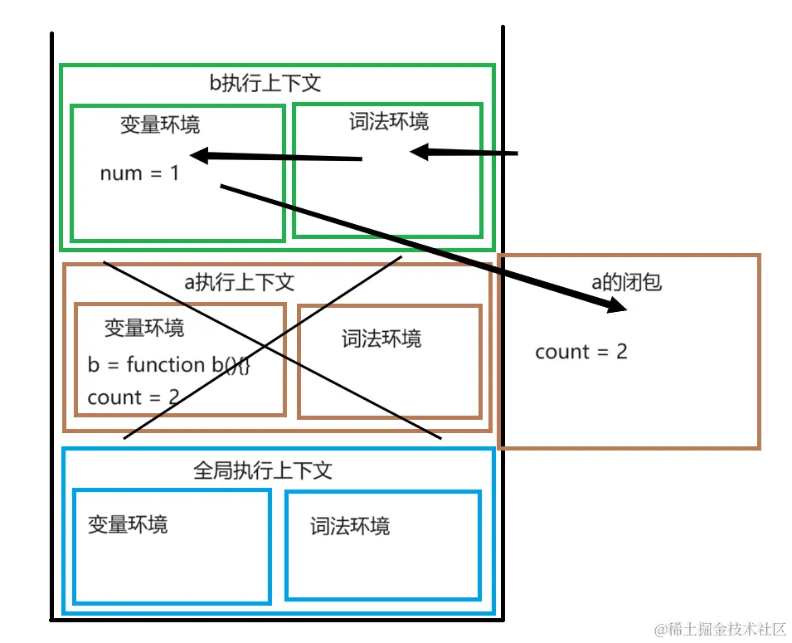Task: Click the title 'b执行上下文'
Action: [265, 83]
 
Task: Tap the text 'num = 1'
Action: [139, 173]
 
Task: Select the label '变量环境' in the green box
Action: [160, 124]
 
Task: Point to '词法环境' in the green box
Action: [389, 122]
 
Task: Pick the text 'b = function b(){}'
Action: [168, 364]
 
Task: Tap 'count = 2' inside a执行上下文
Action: [133, 397]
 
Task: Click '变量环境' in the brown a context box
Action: [144, 328]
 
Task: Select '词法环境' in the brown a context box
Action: [381, 339]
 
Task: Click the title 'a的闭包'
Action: [626, 282]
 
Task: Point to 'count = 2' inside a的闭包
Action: [581, 351]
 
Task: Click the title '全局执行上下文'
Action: [263, 470]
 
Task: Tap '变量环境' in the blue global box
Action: [128, 524]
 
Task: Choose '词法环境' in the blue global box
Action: [350, 526]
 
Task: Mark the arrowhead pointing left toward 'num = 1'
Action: [200, 155]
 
